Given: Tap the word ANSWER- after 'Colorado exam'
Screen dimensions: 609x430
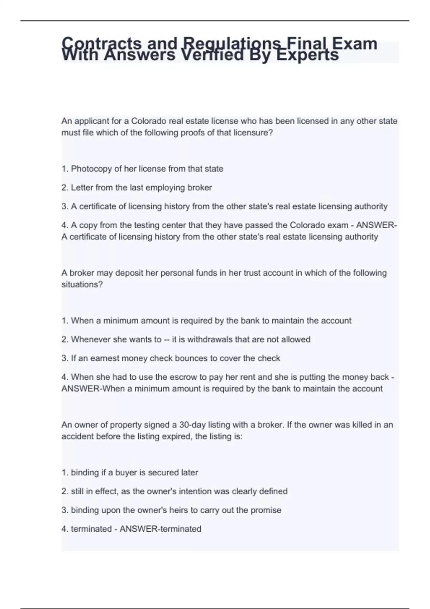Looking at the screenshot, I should tap(376, 225).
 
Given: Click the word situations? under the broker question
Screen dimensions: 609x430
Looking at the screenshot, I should tap(82, 284).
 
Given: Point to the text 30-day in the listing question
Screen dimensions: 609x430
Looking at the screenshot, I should tap(192, 425).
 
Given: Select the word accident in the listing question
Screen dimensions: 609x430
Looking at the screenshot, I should tap(76, 436).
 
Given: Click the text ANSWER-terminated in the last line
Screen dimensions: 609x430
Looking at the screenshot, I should tap(160, 529).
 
